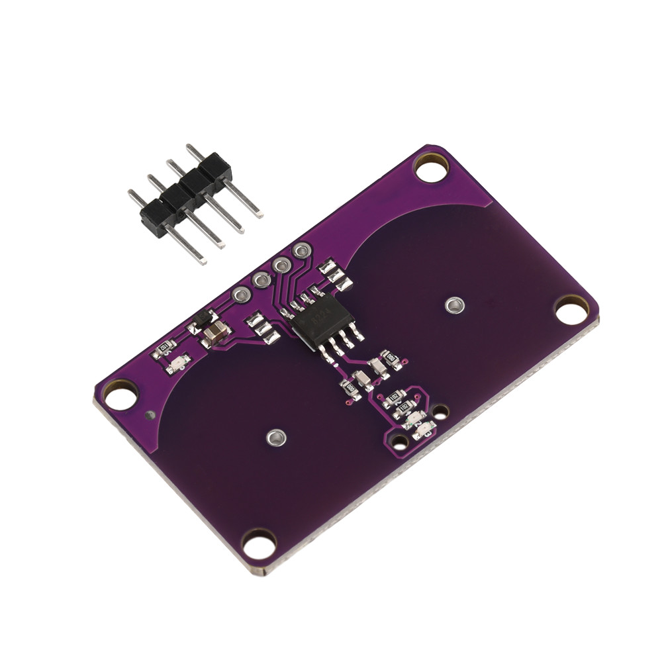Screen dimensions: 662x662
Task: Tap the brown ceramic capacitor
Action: (216, 332)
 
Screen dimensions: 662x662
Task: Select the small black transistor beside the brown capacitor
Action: (201, 321)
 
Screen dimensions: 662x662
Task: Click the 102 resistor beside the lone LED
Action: (164, 349)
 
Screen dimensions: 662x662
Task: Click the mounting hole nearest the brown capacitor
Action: (120, 395)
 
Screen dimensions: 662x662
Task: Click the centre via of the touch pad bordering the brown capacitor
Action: (276, 437)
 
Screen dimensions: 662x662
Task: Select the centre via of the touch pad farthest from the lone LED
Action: (454, 305)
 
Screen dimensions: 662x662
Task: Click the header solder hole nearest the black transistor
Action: (240, 295)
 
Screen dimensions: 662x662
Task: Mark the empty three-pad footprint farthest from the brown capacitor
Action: (335, 275)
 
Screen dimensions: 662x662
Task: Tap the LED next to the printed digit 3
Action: (421, 432)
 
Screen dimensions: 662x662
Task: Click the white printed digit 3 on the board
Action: (430, 433)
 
